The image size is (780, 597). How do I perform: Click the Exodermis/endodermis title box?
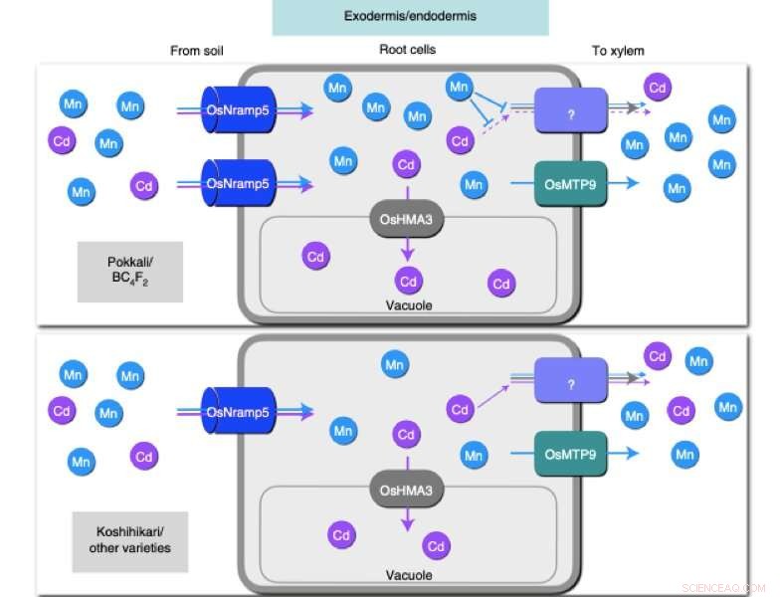point(410,17)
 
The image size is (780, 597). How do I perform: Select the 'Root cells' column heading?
point(408,51)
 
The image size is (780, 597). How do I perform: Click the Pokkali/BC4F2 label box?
point(130,271)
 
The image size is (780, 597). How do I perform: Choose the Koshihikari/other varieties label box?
point(130,540)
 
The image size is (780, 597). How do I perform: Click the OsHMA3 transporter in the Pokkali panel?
point(406,218)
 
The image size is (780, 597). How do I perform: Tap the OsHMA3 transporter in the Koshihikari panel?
point(406,490)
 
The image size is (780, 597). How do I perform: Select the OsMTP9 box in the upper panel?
point(570,183)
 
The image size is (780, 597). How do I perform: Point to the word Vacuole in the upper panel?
point(408,304)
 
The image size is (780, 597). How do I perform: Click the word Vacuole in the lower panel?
point(408,575)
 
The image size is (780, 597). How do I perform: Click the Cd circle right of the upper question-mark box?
point(658,88)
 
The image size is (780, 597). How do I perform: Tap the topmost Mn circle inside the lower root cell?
point(395,365)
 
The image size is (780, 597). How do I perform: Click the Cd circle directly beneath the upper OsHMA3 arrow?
point(408,281)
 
